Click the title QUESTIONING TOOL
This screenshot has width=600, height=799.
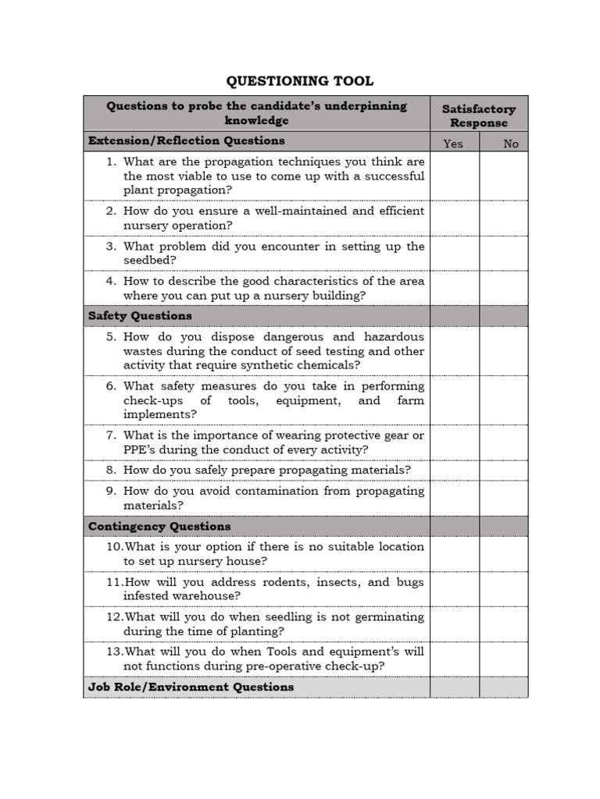point(300,81)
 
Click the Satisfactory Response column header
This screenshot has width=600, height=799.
point(478,115)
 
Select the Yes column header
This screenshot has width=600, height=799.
point(453,144)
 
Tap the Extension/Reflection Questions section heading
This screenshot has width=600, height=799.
point(186,141)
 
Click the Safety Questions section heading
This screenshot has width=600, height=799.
point(140,316)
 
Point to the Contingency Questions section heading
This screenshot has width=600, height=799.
point(159,527)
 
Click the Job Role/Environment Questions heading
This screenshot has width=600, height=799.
point(191,687)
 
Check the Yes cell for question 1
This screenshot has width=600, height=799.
point(454,176)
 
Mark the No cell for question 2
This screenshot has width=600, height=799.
point(503,218)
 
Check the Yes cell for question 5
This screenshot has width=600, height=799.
point(454,351)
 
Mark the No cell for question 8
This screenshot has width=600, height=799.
point(503,471)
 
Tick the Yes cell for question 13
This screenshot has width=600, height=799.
point(454,659)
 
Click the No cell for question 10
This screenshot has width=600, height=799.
point(503,554)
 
